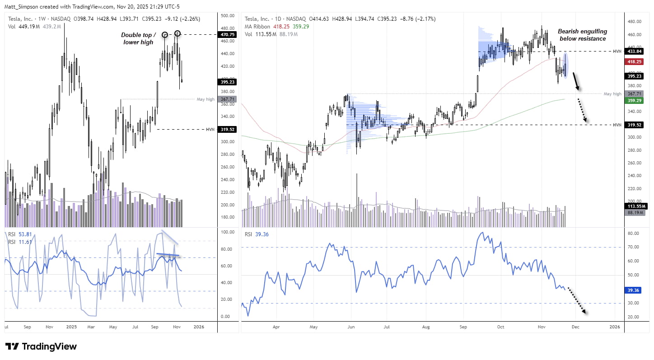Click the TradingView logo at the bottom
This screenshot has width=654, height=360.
(x=41, y=346)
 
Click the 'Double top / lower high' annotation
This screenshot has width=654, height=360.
(x=138, y=38)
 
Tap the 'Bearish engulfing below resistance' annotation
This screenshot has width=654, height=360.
(x=582, y=35)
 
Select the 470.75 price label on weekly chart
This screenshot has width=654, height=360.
(x=228, y=34)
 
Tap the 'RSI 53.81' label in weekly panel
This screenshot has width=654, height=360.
(x=18, y=234)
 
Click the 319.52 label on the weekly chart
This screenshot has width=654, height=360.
(x=228, y=129)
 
